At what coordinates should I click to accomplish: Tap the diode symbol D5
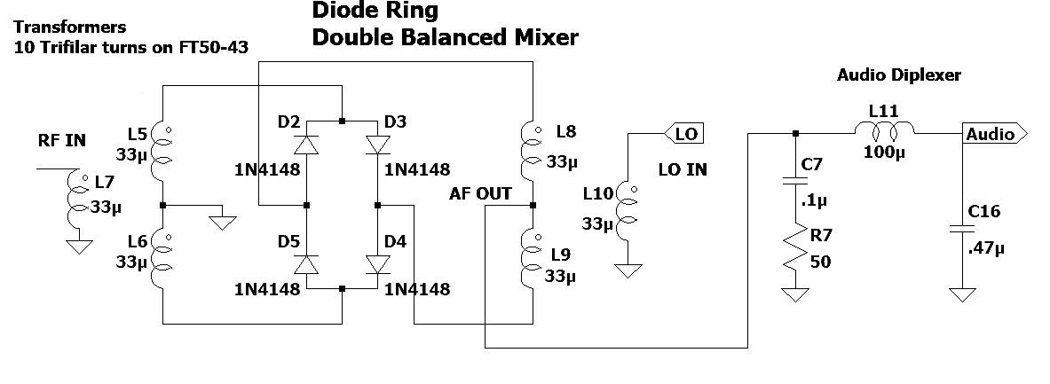point(306,264)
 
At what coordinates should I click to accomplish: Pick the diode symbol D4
point(377,264)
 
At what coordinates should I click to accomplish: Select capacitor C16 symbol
point(958,227)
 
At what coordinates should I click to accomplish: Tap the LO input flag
point(683,133)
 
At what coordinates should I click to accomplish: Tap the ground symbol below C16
point(958,294)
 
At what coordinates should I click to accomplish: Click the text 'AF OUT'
point(481,193)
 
